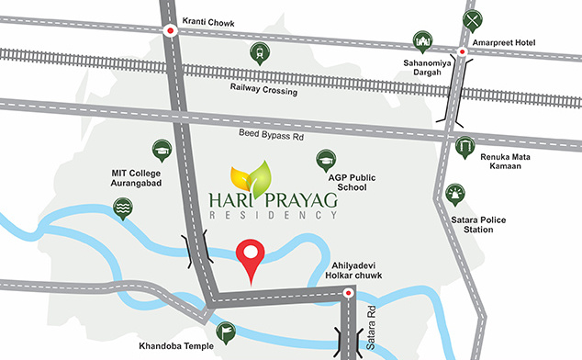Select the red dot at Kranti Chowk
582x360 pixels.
pos(170,30)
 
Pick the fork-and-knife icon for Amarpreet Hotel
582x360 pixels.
pos(472,20)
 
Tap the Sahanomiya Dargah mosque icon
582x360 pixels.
pos(424,42)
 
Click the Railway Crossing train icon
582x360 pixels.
pos(259,53)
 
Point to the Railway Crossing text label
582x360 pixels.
pos(264,92)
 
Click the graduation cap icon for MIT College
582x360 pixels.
pos(162,150)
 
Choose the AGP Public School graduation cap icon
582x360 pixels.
pos(325,160)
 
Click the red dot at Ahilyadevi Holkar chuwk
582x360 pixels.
pos(348,294)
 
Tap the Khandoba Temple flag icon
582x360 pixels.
pos(225,332)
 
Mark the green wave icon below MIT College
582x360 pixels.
pos(121,209)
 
